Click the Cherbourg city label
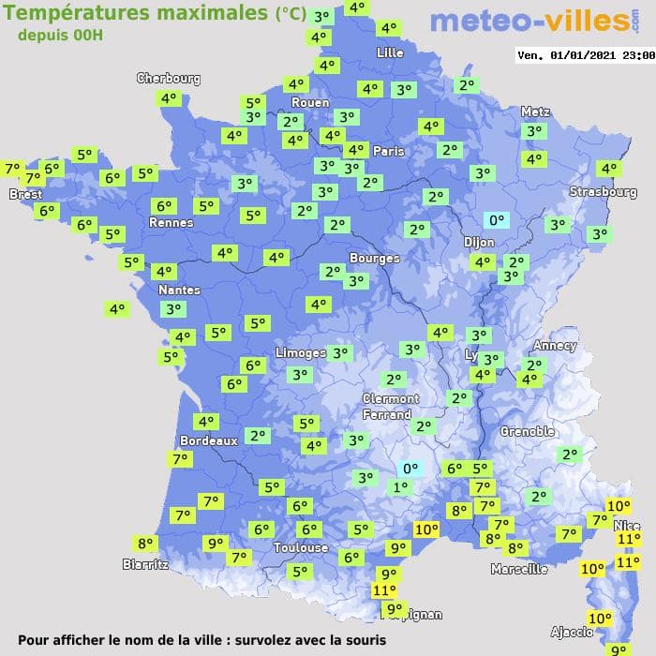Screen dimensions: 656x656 pos(169,79)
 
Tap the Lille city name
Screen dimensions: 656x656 pos(390,52)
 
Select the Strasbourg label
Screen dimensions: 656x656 pos(604,192)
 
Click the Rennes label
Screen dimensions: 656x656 pos(171,223)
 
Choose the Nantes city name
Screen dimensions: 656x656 pos(178,291)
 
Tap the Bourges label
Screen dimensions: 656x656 pos(374,258)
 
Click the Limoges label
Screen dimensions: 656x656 pos(301,352)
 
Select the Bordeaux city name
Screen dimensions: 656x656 pos(208,440)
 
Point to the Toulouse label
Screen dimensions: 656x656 pos(301,547)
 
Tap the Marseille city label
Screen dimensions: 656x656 pos(519,569)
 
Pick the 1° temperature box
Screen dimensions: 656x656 pos(401,486)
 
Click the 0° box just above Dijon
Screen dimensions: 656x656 pos(495,221)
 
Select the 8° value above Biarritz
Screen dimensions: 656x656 pos(145,543)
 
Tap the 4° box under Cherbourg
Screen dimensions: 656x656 pos(169,97)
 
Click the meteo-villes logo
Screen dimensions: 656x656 pos(541,22)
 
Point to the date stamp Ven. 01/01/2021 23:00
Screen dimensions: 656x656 pos(585,55)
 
